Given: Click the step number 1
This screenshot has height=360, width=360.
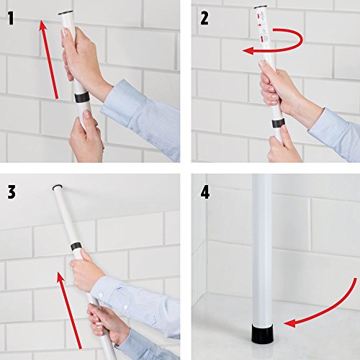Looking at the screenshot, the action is [x=11, y=19].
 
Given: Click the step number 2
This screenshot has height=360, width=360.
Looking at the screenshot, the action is [x=204, y=19].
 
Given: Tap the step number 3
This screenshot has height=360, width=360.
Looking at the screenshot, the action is [x=12, y=192].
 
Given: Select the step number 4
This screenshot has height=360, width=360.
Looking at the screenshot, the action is [x=205, y=192].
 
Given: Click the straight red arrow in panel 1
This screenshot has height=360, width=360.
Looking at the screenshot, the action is [x=49, y=60].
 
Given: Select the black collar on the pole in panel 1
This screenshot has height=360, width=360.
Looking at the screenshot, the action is [x=81, y=97].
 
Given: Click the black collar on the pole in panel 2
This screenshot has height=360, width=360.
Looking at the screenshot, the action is [x=278, y=123].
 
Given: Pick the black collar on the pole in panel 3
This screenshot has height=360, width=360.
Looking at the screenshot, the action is [x=76, y=247].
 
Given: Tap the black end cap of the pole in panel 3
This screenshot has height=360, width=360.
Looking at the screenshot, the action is [x=58, y=187].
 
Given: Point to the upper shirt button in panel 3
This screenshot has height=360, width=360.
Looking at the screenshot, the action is [x=101, y=294].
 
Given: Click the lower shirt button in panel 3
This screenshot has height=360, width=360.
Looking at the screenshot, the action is [x=125, y=307].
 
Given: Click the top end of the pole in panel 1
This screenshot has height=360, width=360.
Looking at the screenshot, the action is [x=66, y=13].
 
